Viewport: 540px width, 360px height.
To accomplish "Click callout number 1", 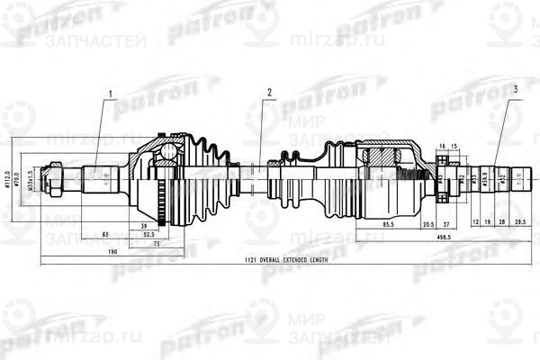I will [x=111, y=94].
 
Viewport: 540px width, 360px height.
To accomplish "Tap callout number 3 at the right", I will [x=515, y=89].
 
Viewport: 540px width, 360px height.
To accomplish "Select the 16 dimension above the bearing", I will [x=442, y=146].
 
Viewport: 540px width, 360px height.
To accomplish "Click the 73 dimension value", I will [x=155, y=243].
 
